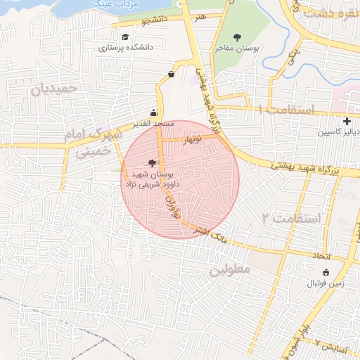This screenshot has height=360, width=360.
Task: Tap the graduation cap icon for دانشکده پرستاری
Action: coord(125,37)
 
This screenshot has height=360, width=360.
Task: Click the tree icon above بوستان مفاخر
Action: coord(236,37)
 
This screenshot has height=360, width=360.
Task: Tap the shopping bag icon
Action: coord(172,74)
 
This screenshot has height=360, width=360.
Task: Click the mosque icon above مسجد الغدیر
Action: coord(154,112)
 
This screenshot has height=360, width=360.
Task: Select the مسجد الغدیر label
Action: coord(154,124)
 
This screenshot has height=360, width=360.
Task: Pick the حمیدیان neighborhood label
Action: coord(53,89)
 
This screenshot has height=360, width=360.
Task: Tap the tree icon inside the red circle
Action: coord(153,162)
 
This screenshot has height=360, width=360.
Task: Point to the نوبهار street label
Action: coord(192,140)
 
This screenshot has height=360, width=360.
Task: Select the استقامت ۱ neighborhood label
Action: coord(286,110)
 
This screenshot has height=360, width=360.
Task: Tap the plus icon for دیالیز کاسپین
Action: coord(348,121)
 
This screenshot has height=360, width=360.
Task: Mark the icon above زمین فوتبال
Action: coord(325,273)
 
